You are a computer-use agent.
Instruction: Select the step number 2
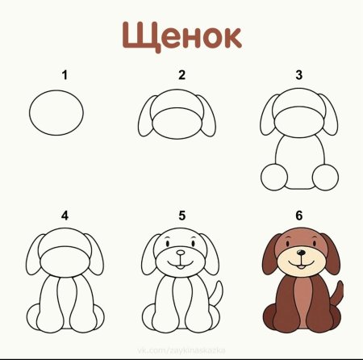[x=182, y=75]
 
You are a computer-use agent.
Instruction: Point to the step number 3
[x=298, y=75]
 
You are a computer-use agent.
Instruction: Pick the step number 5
[x=182, y=216]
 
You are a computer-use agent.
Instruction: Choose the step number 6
[x=298, y=216]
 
